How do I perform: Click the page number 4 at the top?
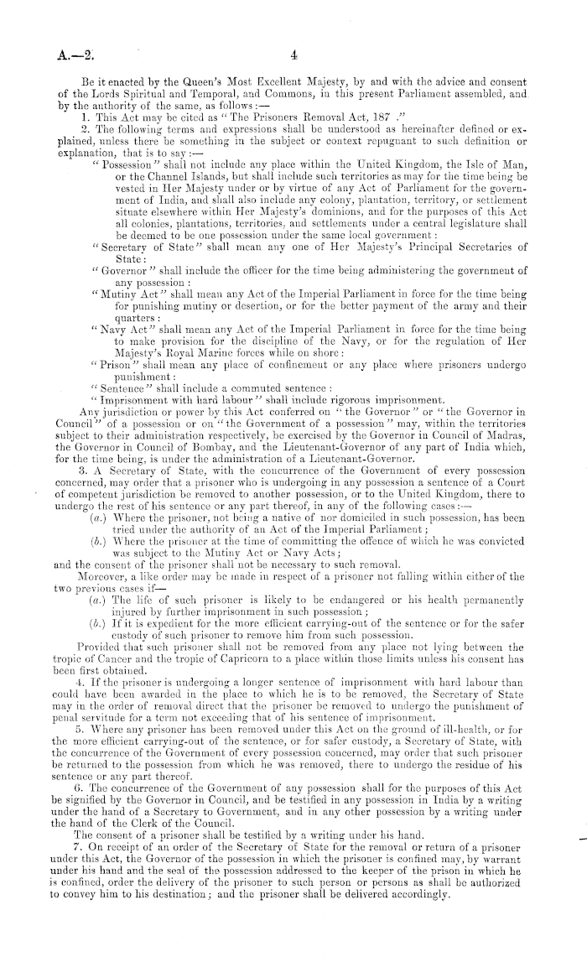pos(294,56)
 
